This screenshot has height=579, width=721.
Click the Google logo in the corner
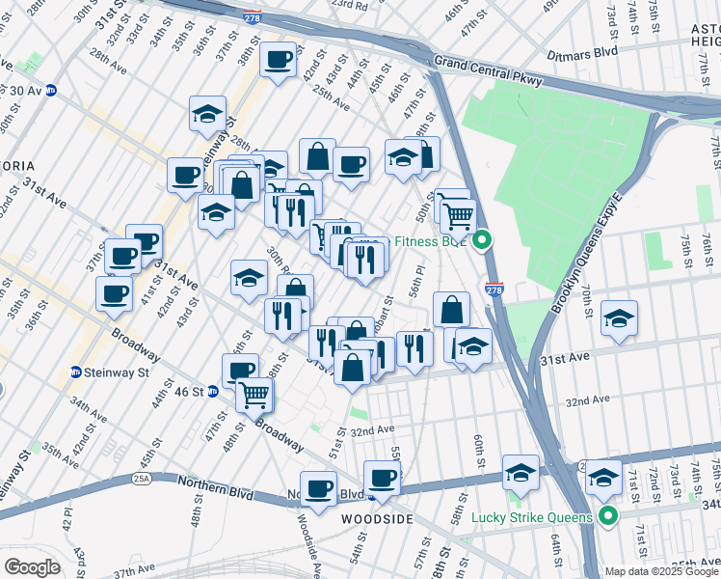click(31, 567)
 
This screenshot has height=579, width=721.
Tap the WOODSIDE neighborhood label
click(377, 519)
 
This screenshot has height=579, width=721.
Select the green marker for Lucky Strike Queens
click(608, 516)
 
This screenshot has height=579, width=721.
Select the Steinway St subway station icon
click(76, 372)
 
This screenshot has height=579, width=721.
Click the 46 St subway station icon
click(212, 392)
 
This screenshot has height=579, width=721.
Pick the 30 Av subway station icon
click(50, 90)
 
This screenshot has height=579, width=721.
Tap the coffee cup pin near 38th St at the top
click(279, 60)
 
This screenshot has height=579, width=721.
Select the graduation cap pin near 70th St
click(618, 319)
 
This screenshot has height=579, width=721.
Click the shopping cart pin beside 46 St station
click(254, 394)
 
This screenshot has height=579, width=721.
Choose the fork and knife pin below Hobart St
click(414, 349)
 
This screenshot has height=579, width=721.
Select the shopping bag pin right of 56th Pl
click(451, 310)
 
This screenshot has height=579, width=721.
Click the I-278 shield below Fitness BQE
click(494, 289)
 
